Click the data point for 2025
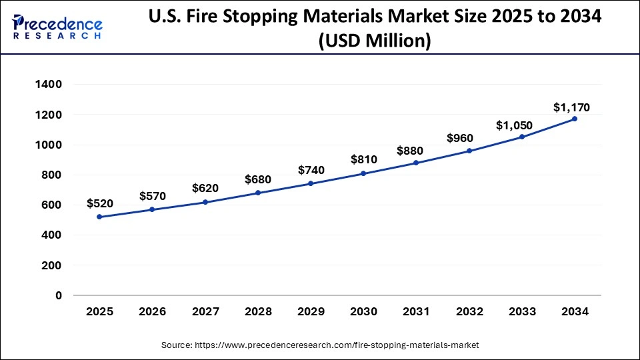(x=99, y=217)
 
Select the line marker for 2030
(x=363, y=173)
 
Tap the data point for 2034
(x=575, y=119)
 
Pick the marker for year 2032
(x=469, y=151)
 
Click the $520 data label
(x=99, y=203)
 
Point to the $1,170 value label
(x=571, y=107)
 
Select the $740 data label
(x=311, y=170)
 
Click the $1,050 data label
(x=515, y=125)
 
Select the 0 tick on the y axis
(x=59, y=295)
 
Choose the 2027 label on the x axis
(x=205, y=311)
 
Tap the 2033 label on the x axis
(x=522, y=311)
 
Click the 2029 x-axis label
(x=311, y=311)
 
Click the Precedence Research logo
(x=57, y=27)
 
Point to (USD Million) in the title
(x=375, y=41)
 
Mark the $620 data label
(x=205, y=189)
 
